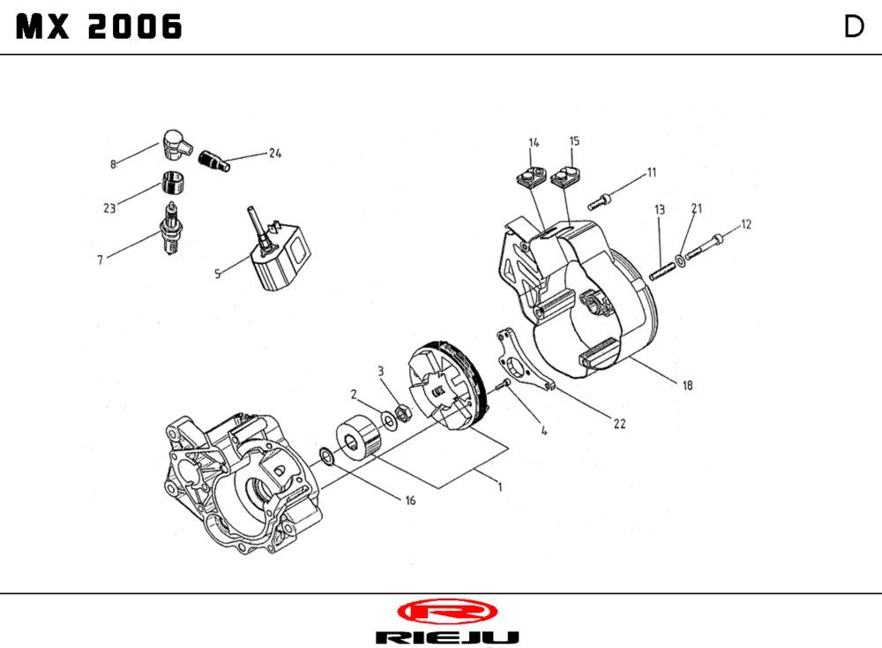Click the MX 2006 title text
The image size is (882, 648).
[100, 27]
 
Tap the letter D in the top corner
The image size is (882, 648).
[853, 27]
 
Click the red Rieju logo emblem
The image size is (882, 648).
[447, 611]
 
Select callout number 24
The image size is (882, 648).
[274, 153]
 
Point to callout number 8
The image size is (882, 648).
[113, 164]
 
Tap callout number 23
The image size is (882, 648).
[109, 209]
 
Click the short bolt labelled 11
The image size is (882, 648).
[602, 199]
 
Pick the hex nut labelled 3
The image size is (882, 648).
[399, 411]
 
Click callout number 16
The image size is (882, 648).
[410, 501]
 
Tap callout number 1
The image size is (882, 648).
[499, 486]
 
